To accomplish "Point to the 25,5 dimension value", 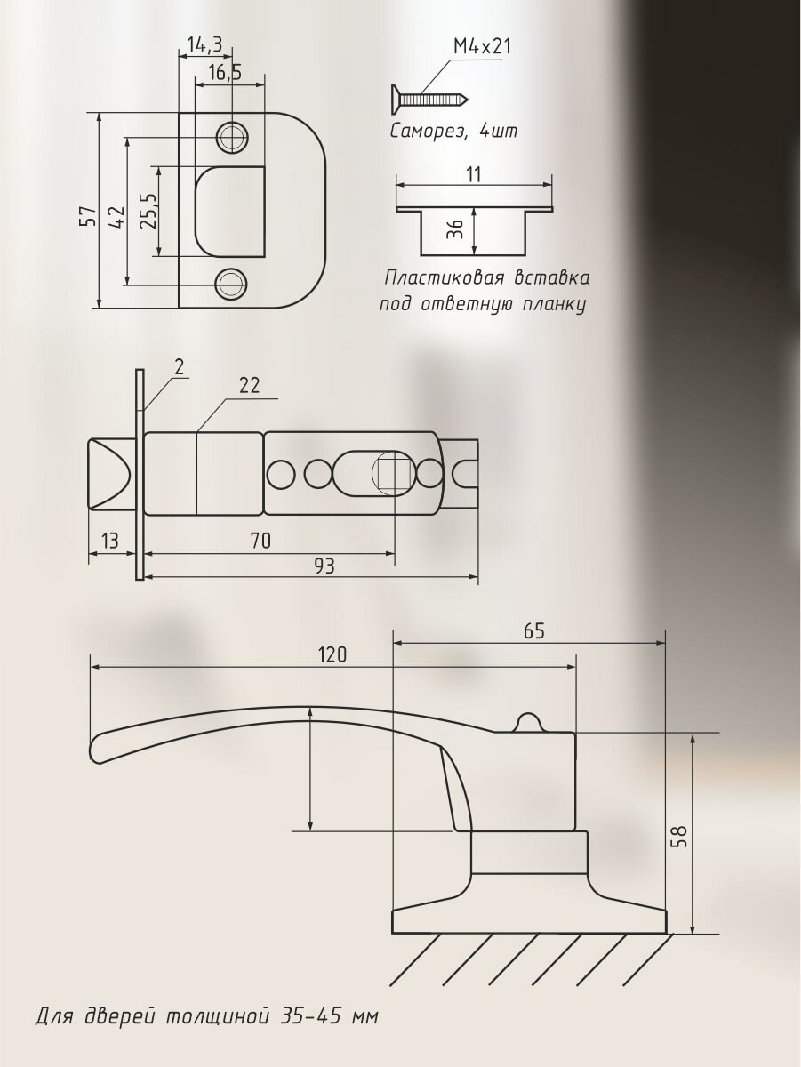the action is click(x=148, y=211).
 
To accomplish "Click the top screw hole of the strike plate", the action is click(x=232, y=137).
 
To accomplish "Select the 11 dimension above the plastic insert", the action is click(x=473, y=174).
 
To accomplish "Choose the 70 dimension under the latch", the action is click(x=260, y=540).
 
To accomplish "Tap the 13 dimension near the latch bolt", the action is click(x=111, y=540).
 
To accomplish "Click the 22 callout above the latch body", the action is click(x=249, y=385).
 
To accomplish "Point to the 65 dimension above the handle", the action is click(x=533, y=630).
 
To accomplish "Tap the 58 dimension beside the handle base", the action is click(x=679, y=836).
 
